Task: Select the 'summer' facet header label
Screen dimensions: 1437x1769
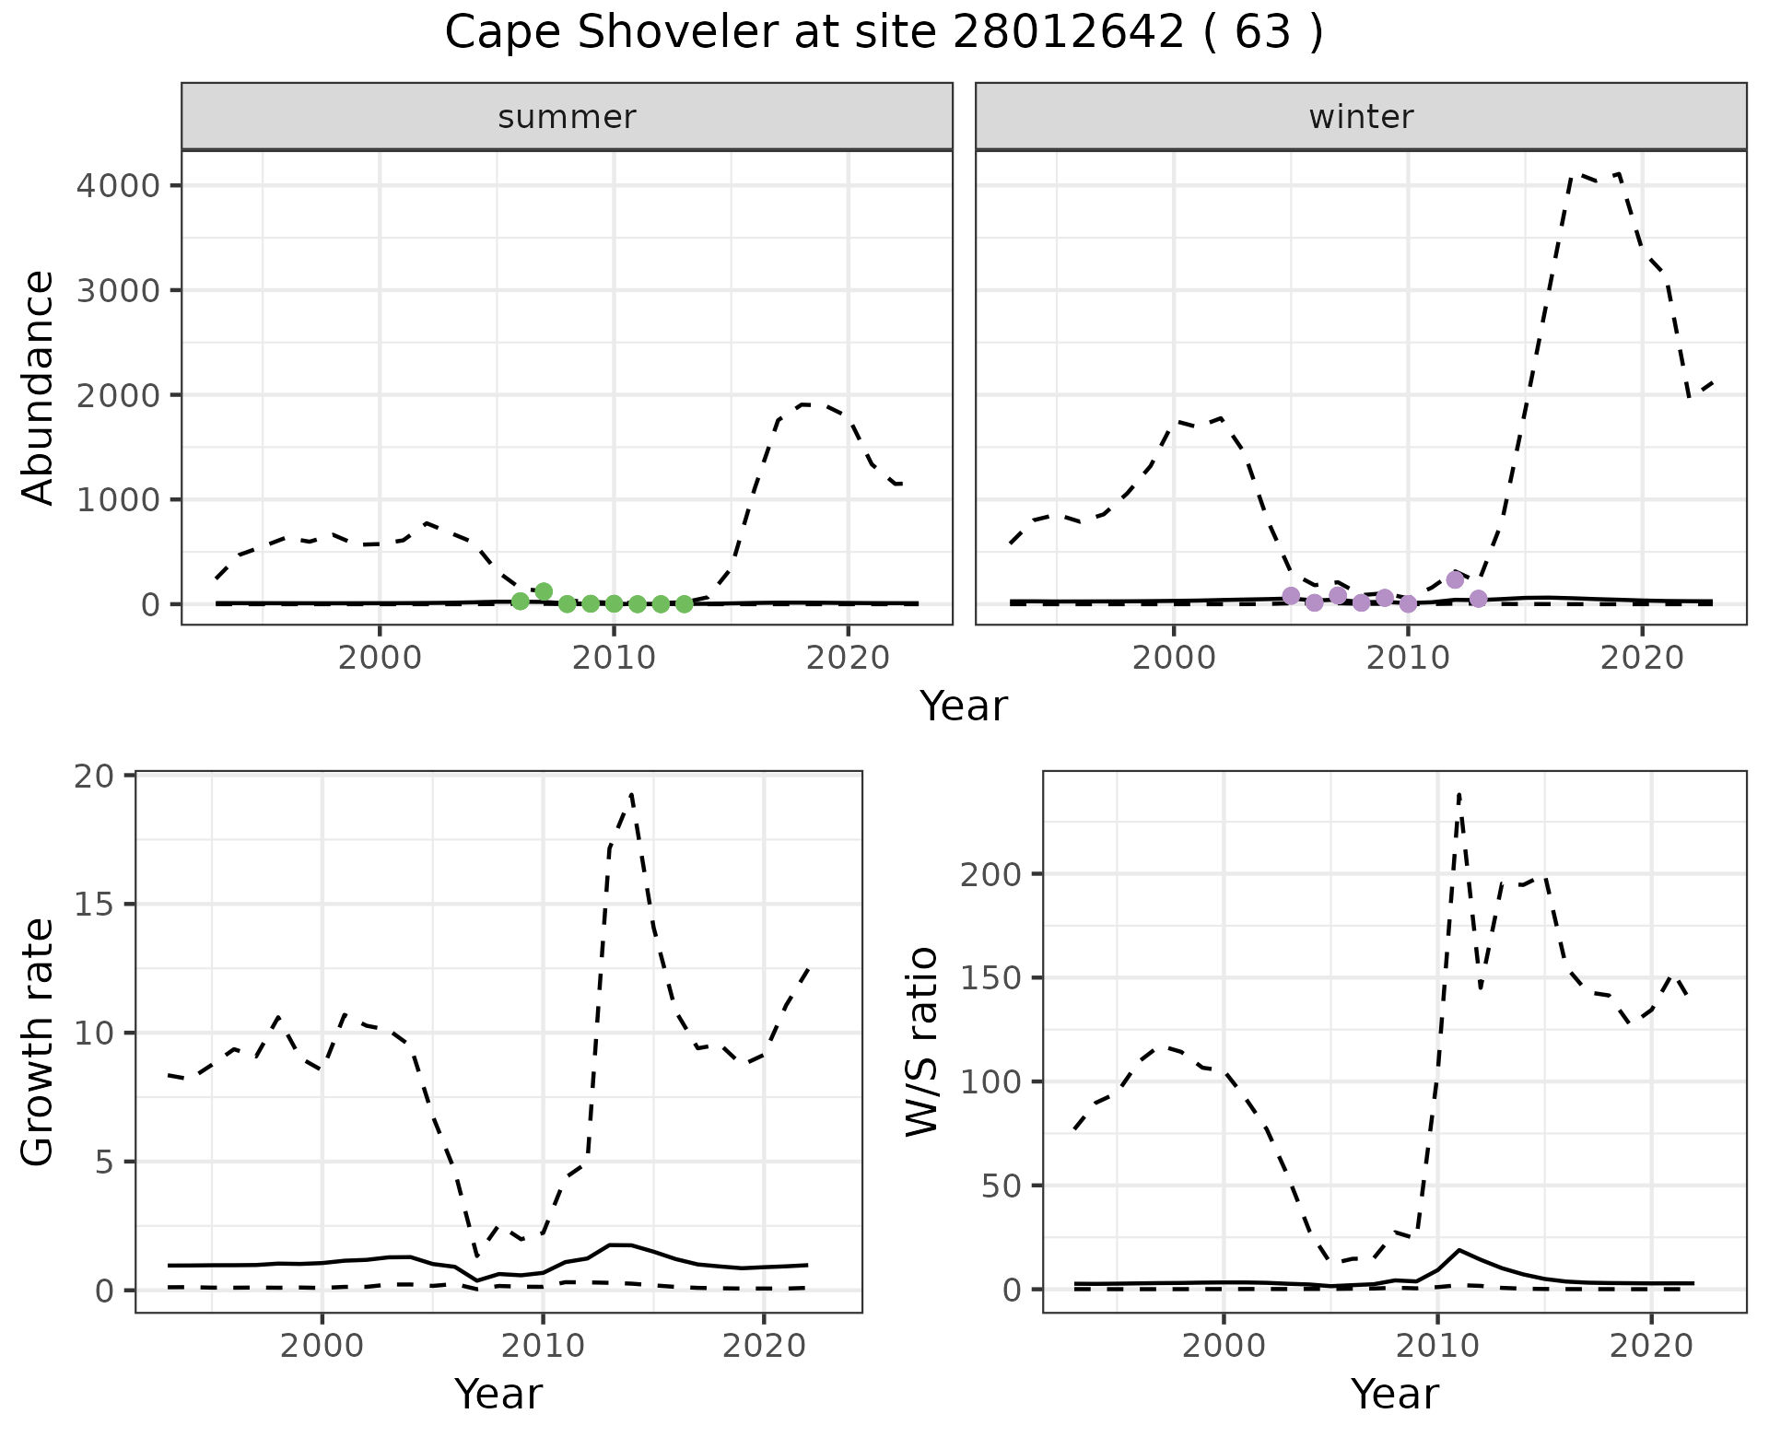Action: [x=567, y=117]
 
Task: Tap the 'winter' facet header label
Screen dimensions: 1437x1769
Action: [x=1361, y=117]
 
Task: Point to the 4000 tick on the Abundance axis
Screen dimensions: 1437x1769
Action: [x=118, y=186]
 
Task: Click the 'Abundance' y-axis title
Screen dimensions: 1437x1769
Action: [x=39, y=387]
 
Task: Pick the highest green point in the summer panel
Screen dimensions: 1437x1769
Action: [x=544, y=591]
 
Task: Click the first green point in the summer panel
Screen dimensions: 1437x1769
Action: [x=521, y=602]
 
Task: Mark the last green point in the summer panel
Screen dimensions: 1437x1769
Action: [x=684, y=604]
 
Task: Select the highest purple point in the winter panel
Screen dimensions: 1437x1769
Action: [x=1455, y=579]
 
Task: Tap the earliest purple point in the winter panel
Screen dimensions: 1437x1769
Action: [x=1291, y=596]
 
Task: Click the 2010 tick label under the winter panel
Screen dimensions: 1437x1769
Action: [x=1407, y=659]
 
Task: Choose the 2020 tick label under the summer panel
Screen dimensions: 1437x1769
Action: [x=847, y=659]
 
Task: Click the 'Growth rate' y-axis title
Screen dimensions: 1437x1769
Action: [x=39, y=1043]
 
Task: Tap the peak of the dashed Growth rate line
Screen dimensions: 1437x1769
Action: [x=631, y=794]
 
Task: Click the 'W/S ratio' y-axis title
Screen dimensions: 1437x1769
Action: [x=921, y=1041]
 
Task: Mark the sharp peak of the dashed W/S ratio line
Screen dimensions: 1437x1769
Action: [x=1459, y=794]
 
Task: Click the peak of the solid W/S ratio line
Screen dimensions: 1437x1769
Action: [x=1459, y=1250]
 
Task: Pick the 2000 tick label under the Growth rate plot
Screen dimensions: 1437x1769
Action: [x=322, y=1347]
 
